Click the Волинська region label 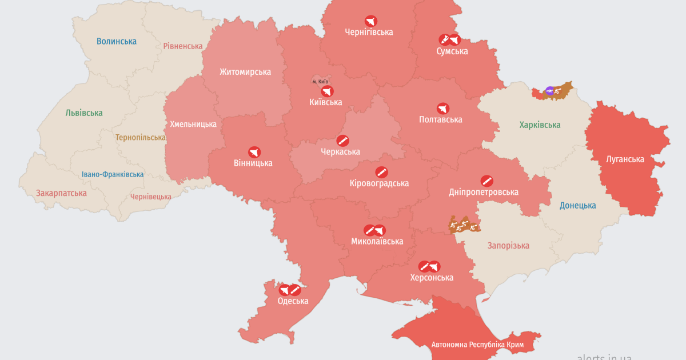[x=117, y=41]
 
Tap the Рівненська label [x=183, y=46]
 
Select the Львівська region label [x=84, y=113]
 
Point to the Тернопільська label [x=141, y=138]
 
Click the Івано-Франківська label [x=113, y=174]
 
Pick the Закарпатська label [x=61, y=193]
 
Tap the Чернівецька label [x=151, y=197]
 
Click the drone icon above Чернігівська [x=370, y=21]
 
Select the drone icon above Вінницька [x=254, y=152]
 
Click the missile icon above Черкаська [x=342, y=141]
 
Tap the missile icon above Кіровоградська [x=381, y=172]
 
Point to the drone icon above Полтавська [x=442, y=108]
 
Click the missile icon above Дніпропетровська [x=486, y=181]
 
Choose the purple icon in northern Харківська [x=549, y=90]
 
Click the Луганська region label [x=625, y=159]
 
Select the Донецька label [x=577, y=206]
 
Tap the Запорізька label [x=508, y=246]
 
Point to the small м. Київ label [x=320, y=82]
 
